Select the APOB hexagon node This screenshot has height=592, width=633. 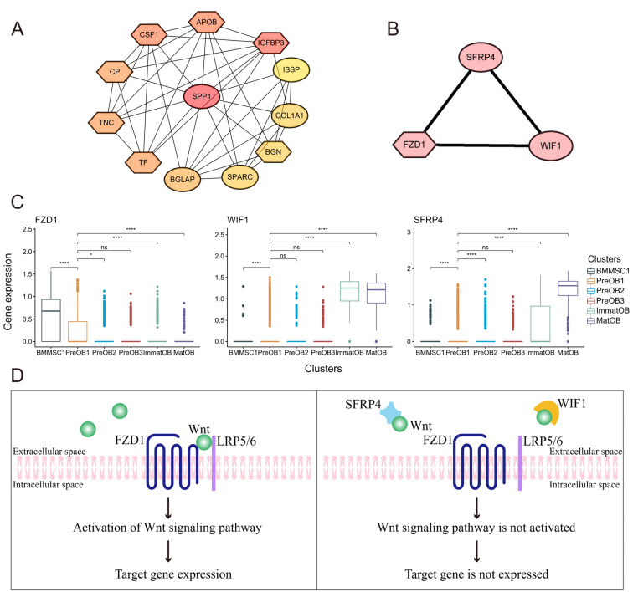tap(205, 20)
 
